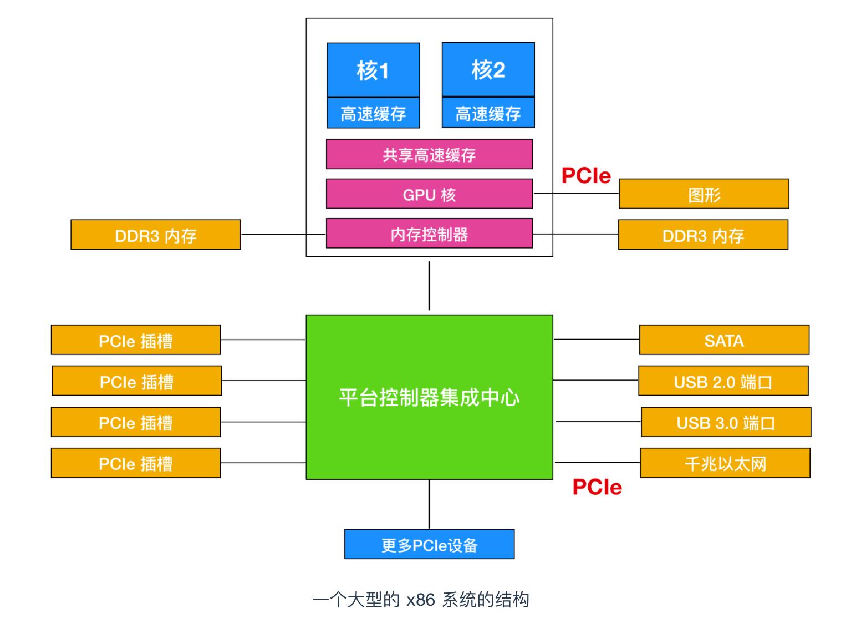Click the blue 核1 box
point(373,70)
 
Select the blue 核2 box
point(488,69)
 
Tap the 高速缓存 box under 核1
point(373,113)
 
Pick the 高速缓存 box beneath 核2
point(488,113)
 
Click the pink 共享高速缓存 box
point(429,154)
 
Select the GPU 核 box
point(429,194)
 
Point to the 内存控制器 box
point(429,234)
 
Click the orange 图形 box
point(704,194)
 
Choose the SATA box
point(723,340)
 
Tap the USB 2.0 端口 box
point(723,381)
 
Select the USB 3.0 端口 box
point(726,422)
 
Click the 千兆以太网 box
point(725,463)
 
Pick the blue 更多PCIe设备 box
point(429,544)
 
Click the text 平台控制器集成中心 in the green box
point(429,397)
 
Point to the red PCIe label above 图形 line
point(586,176)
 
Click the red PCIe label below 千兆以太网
point(597,487)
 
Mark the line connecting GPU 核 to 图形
point(575,194)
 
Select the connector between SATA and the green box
point(596,340)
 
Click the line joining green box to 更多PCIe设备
point(429,504)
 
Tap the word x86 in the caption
point(420,600)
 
